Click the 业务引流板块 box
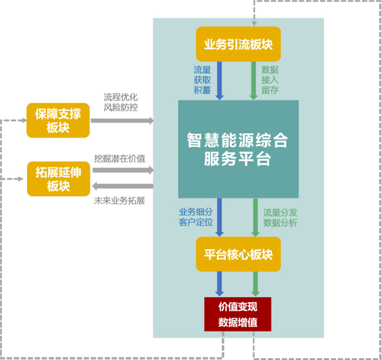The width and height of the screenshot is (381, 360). pyautogui.click(x=238, y=44)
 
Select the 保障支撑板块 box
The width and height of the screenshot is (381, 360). pyautogui.click(x=59, y=120)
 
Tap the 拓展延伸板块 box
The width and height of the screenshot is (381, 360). pyautogui.click(x=59, y=179)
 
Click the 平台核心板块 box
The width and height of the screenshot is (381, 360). pyautogui.click(x=238, y=254)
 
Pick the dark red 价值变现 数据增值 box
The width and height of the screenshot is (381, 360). pyautogui.click(x=238, y=314)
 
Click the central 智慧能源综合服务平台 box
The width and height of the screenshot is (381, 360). pyautogui.click(x=238, y=149)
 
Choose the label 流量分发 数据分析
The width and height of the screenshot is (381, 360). pyautogui.click(x=281, y=217)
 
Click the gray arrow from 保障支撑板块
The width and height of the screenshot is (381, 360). pyautogui.click(x=122, y=120)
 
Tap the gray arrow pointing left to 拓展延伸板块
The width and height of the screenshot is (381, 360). pyautogui.click(x=122, y=186)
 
